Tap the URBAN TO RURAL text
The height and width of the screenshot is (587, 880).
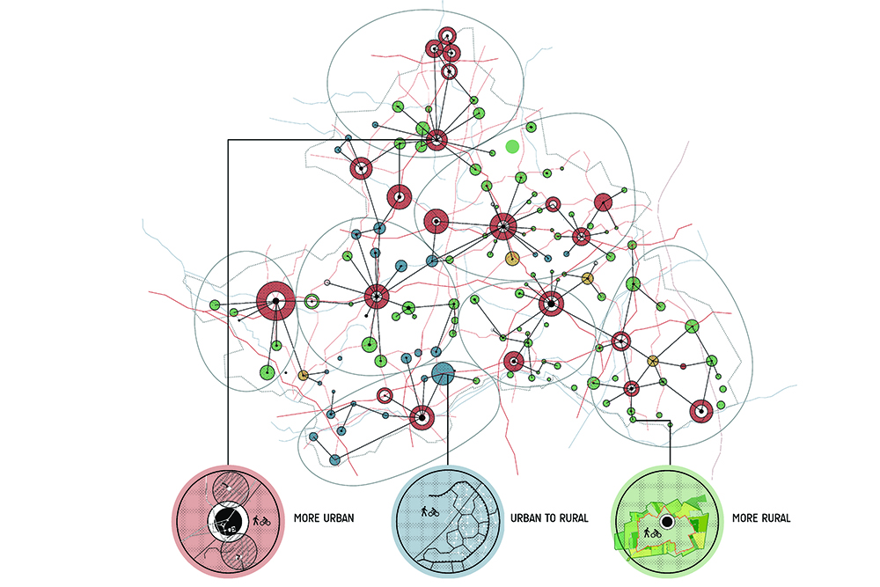pos(549,518)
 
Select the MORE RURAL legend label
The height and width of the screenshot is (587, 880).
pos(760,518)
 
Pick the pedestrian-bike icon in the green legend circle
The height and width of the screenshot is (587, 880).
pos(652,532)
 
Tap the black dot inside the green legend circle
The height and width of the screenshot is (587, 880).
pos(666,522)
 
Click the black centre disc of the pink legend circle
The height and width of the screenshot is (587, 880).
pos(226,522)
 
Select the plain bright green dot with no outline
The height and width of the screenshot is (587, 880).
pos(513,145)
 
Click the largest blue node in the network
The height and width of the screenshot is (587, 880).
pos(443,373)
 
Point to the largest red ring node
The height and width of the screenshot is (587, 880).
pos(275,302)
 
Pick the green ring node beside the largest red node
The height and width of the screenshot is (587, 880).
pos(312,301)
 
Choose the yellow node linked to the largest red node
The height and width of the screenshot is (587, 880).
pos(303,376)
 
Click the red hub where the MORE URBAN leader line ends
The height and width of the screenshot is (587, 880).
pos(436,139)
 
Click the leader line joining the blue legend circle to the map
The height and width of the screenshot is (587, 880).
pos(446,422)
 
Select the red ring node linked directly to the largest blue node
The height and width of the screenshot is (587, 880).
pos(422,417)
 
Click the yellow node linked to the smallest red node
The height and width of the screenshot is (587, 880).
pos(653,361)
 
